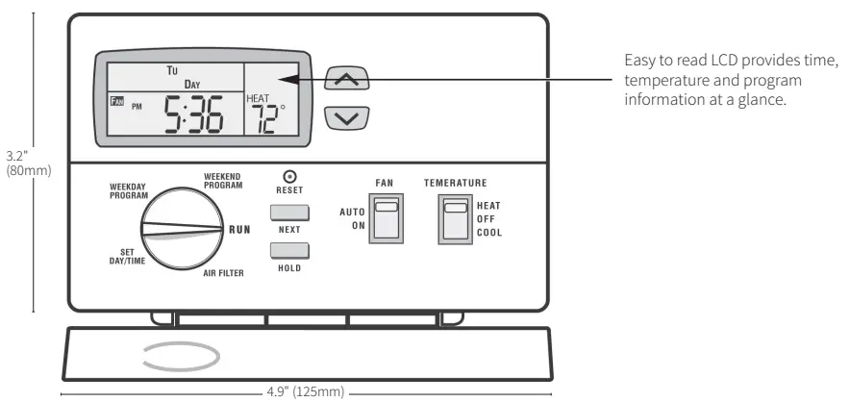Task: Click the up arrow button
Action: (x=348, y=80)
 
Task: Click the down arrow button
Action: (x=348, y=118)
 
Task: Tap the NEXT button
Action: (x=289, y=214)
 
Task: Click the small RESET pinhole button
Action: (x=289, y=176)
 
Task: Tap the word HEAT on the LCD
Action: (x=259, y=98)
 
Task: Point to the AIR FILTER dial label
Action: (x=223, y=273)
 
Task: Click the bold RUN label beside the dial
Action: (x=239, y=230)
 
